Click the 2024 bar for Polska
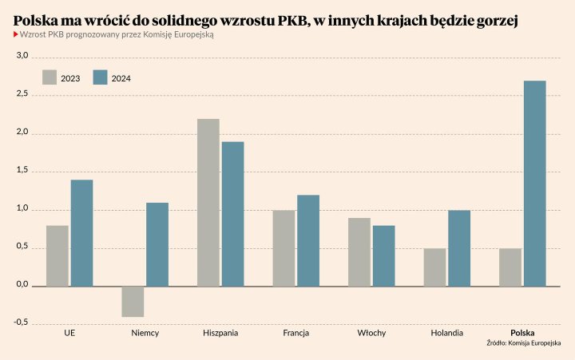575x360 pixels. (534, 184)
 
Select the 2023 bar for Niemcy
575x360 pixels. (133, 301)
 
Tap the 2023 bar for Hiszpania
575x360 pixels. (208, 203)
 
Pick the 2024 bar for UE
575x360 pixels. (81, 233)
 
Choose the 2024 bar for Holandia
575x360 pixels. (459, 248)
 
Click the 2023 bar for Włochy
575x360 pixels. (359, 251)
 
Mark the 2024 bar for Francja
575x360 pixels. (308, 240)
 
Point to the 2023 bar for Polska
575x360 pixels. (510, 267)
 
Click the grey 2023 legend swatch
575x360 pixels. (50, 77)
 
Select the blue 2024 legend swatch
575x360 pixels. (100, 77)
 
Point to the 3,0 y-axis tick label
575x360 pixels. (22, 57)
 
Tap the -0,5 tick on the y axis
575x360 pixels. (20, 322)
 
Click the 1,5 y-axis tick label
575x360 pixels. (22, 171)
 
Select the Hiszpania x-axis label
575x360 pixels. (220, 333)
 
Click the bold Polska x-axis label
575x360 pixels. (522, 333)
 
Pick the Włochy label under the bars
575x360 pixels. (371, 333)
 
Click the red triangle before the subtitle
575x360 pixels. (16, 35)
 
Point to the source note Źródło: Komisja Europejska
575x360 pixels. (524, 343)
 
